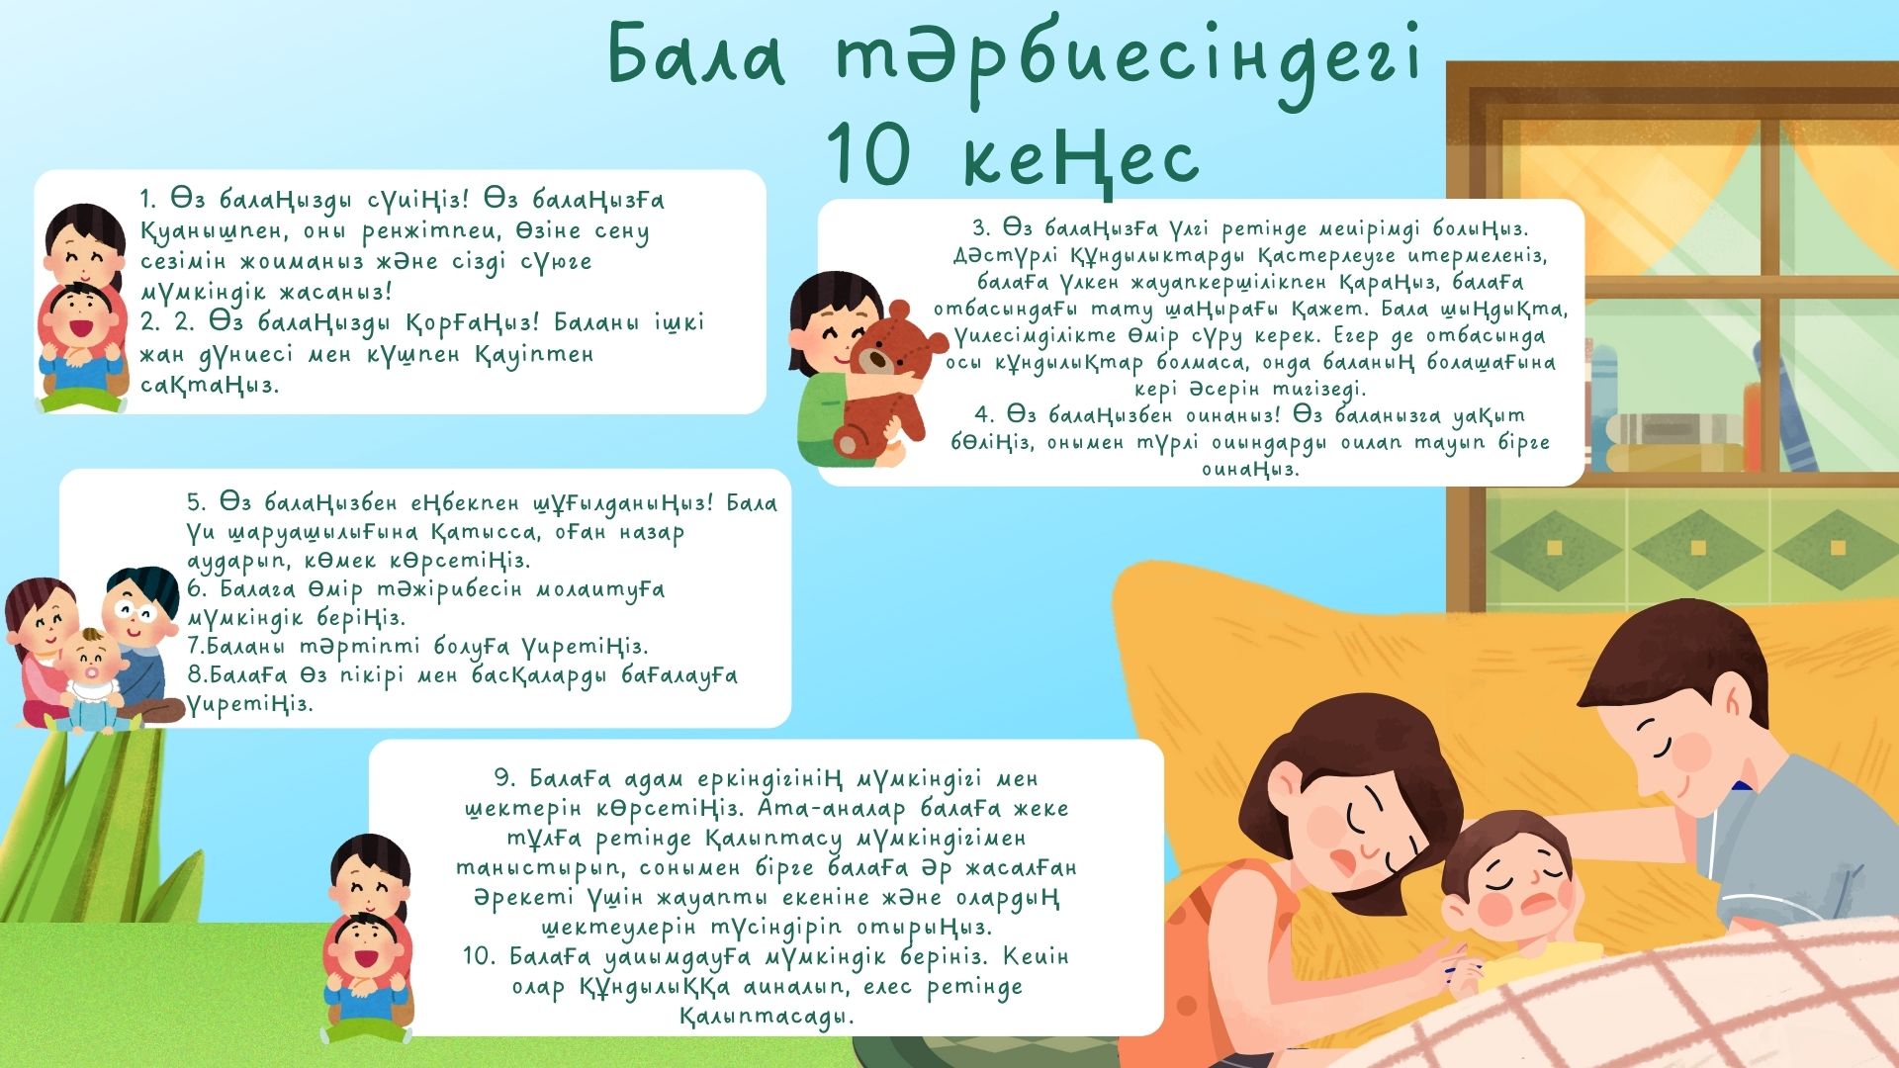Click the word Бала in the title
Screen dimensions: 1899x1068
coord(696,55)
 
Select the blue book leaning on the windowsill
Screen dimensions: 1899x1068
coord(1785,405)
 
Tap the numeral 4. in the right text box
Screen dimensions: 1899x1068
coord(984,414)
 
